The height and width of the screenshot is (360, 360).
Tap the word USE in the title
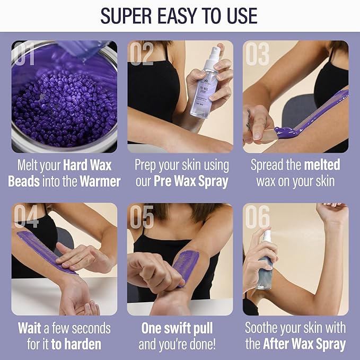click(x=238, y=16)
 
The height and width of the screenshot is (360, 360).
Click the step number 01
click(x=25, y=55)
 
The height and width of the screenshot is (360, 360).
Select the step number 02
click(x=142, y=55)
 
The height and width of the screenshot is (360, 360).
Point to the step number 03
click(x=257, y=55)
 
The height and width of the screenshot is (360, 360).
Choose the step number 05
click(x=142, y=217)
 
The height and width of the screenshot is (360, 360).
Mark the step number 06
click(x=257, y=217)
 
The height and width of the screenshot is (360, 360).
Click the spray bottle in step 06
click(x=265, y=262)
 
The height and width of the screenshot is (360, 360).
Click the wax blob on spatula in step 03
click(x=285, y=131)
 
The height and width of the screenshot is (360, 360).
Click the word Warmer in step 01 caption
click(x=100, y=181)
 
